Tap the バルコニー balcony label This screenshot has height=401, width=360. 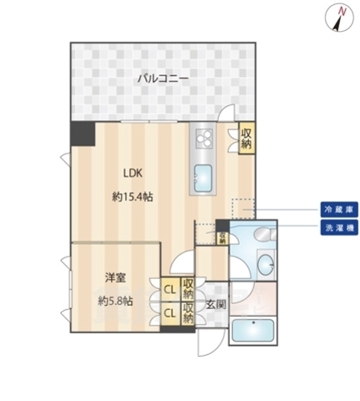163,79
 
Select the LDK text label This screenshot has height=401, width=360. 134,174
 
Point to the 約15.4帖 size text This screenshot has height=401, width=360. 133,197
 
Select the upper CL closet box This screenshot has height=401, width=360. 170,290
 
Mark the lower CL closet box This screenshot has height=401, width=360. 170,312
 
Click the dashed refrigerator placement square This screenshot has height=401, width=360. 244,210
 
